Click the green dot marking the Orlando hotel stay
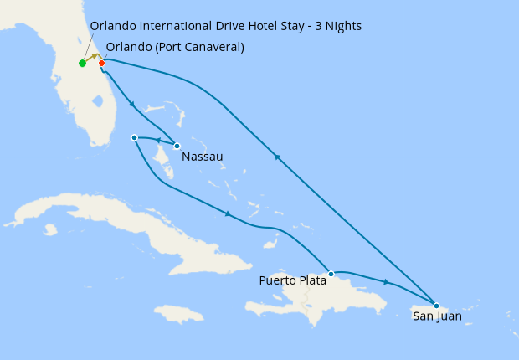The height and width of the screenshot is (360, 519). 82,64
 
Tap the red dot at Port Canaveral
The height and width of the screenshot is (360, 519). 101,63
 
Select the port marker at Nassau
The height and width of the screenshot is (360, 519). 177,146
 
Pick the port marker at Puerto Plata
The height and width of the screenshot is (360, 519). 331,274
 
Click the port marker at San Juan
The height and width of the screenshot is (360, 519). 436,305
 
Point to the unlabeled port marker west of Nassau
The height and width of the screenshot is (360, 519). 134,137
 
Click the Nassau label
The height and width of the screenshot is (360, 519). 202,157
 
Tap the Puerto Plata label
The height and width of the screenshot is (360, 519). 290,280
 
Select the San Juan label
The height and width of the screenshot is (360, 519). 437,317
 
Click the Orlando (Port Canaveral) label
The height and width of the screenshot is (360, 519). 175,47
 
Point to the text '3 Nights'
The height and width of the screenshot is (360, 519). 338,26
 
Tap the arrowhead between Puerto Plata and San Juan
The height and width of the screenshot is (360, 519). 385,282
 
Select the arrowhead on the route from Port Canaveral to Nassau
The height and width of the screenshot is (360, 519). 132,105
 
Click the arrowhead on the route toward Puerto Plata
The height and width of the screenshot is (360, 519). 227,214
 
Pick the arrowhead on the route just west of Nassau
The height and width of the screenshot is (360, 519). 157,141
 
